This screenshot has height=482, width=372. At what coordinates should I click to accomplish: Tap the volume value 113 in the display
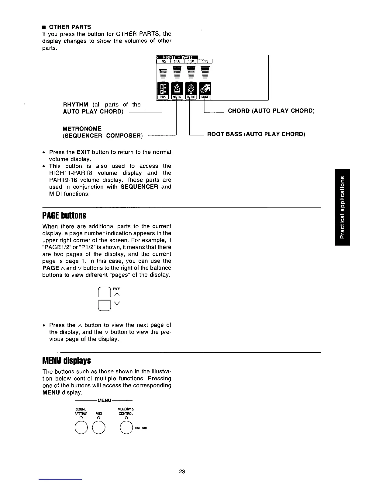click(x=205, y=61)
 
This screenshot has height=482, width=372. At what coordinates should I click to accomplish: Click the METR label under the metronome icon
click(x=177, y=97)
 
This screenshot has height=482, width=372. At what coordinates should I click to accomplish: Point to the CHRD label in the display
click(x=205, y=97)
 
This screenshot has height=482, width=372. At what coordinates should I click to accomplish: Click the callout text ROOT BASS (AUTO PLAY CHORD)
click(x=256, y=134)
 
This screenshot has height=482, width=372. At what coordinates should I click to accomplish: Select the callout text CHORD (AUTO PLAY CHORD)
click(x=271, y=111)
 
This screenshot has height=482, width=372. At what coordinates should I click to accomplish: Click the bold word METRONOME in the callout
click(x=82, y=129)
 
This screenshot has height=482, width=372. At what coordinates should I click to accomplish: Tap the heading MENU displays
click(x=67, y=361)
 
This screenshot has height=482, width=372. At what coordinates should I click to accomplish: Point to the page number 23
click(x=182, y=472)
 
